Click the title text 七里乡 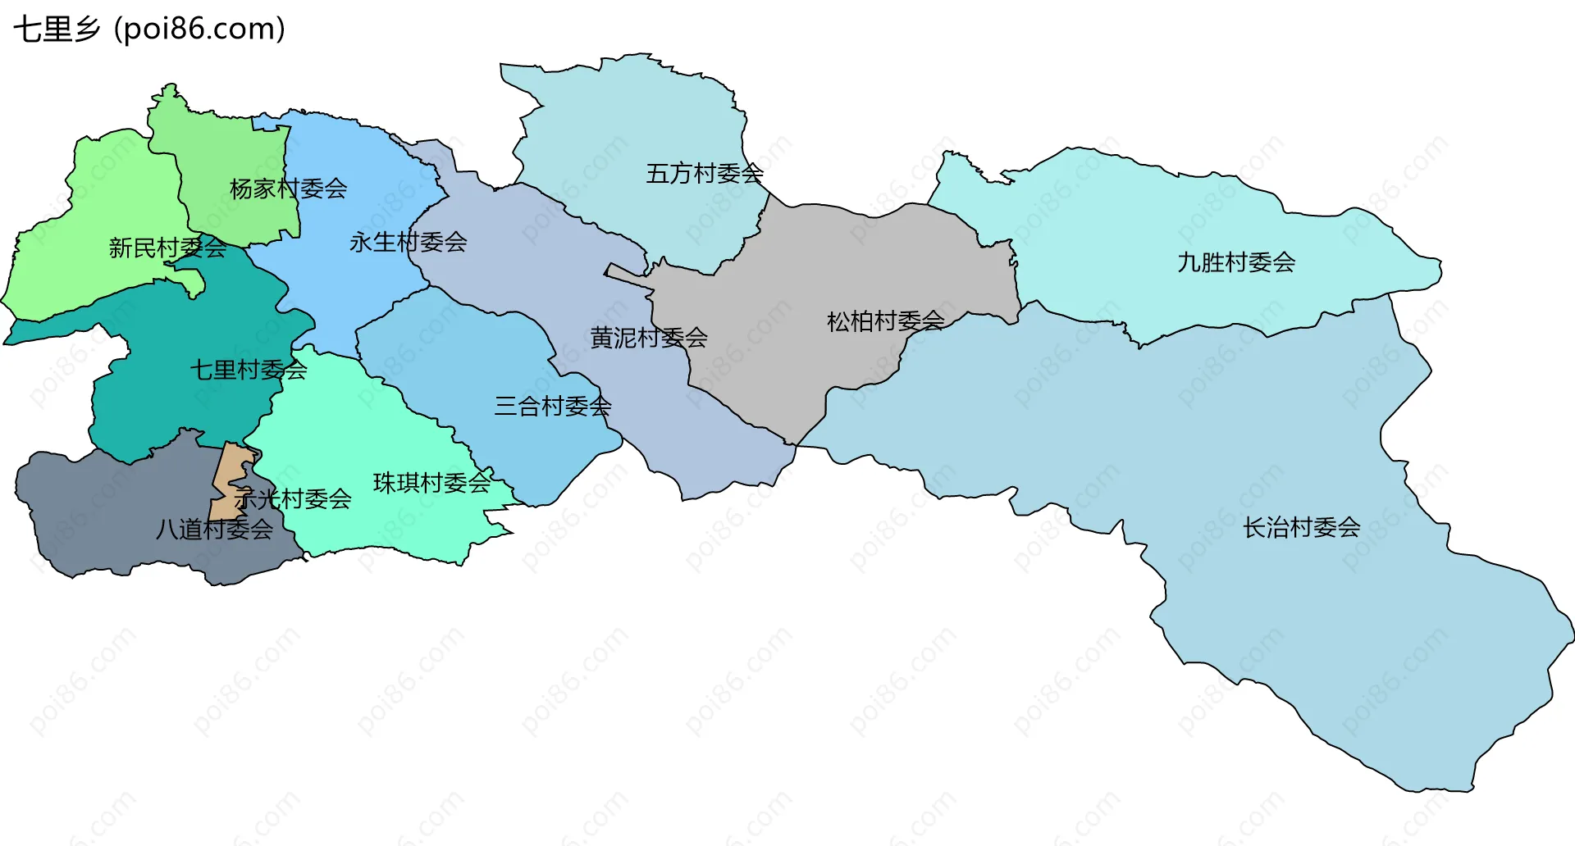[56, 30]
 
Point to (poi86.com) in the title [199, 30]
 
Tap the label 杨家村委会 [288, 189]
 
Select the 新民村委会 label [167, 248]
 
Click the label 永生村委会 [408, 242]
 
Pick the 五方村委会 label [704, 174]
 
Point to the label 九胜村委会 [1235, 262]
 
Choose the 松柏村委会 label [885, 321]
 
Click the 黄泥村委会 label [648, 337]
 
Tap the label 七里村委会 [249, 370]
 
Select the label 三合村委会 [552, 406]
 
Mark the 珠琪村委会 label [431, 483]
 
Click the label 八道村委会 [214, 530]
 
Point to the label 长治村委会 [1301, 527]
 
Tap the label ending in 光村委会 [293, 498]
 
